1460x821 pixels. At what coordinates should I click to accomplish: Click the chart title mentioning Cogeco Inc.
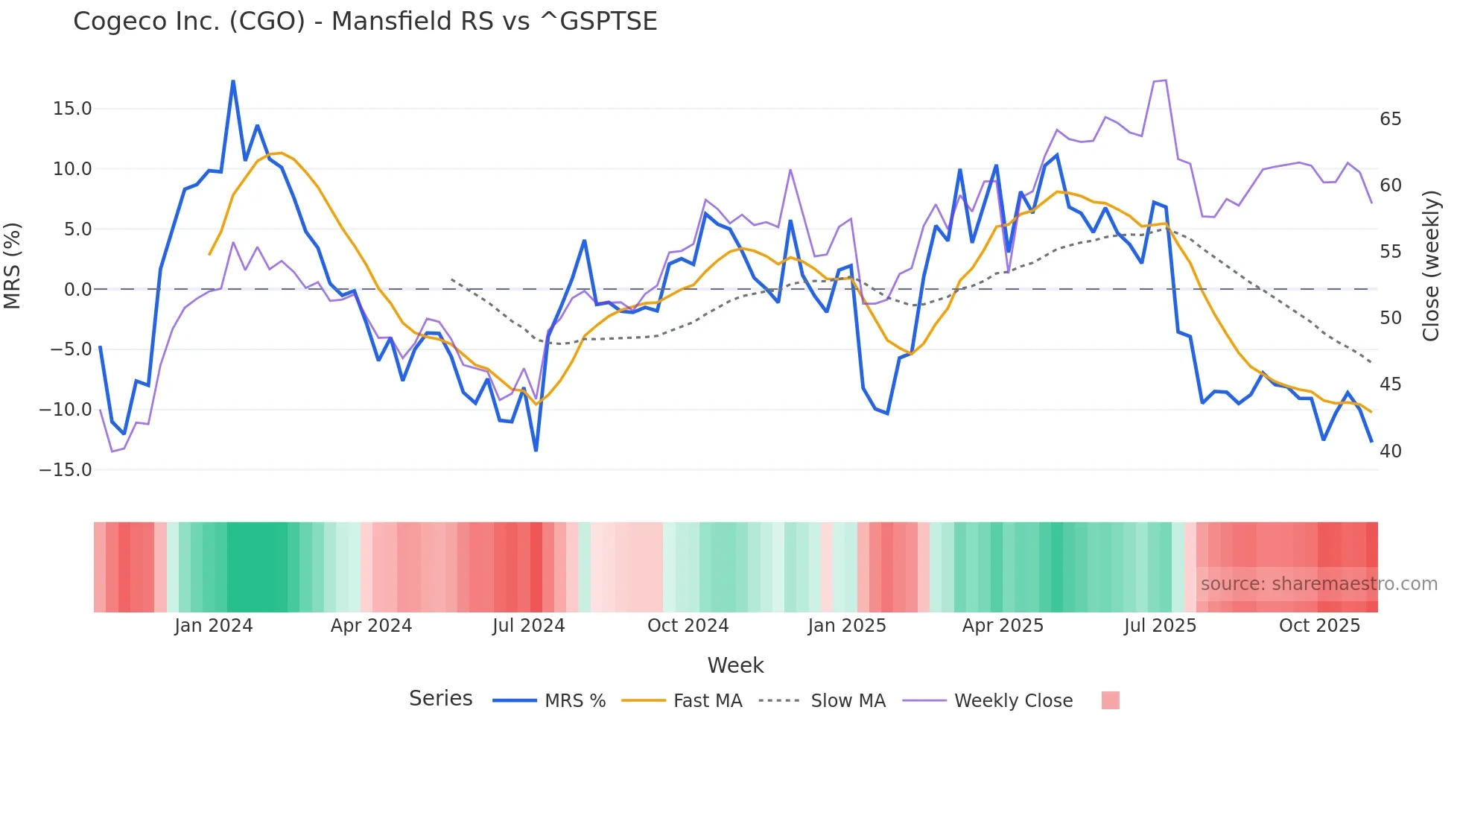(365, 22)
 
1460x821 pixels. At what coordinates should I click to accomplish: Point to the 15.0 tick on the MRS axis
(72, 109)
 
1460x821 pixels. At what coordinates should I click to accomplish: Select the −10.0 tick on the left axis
(66, 410)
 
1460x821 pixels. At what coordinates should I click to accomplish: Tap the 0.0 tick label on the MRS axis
(77, 290)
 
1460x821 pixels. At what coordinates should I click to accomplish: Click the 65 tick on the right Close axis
(1390, 119)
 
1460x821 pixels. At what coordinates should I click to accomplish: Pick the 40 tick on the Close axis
(1390, 451)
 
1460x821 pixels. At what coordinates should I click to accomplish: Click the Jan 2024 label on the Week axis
(214, 626)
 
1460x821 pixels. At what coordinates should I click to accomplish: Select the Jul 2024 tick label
(529, 626)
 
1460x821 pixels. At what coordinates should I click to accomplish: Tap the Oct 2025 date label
(1319, 626)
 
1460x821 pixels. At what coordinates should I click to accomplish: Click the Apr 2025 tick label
(1003, 626)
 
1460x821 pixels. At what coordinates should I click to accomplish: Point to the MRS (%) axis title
(13, 266)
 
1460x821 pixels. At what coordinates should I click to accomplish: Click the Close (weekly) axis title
(1430, 266)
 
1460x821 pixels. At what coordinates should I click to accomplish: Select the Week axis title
(735, 665)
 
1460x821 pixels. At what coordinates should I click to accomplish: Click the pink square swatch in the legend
(1110, 700)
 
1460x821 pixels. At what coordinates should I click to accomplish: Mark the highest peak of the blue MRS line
(233, 81)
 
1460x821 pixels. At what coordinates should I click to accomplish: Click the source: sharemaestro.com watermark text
(1318, 584)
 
